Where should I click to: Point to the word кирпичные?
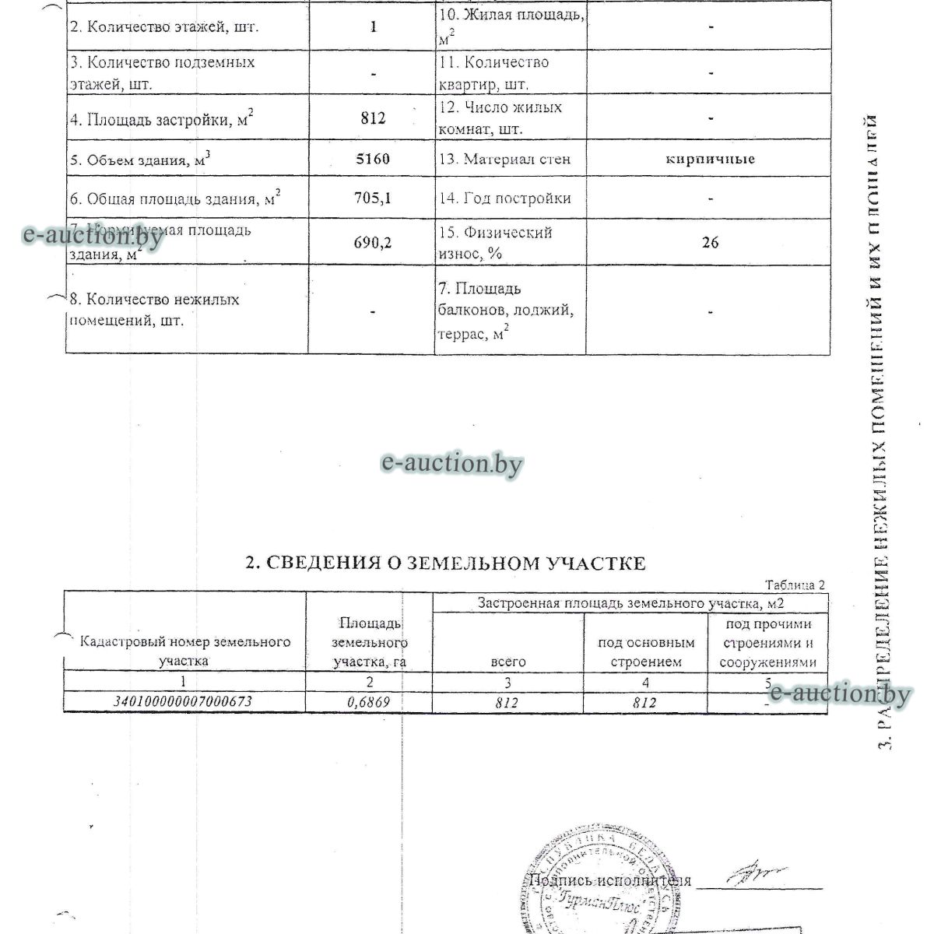point(710,159)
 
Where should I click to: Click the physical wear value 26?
point(710,242)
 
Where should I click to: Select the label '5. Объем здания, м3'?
point(141,160)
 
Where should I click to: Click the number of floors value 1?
point(374,26)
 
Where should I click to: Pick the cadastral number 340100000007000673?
point(184,701)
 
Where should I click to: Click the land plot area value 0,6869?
point(367,701)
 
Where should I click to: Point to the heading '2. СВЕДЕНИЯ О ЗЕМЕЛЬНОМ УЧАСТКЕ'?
point(445,563)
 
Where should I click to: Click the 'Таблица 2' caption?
point(795,585)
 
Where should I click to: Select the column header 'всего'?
point(508,662)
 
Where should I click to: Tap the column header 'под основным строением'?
point(646,652)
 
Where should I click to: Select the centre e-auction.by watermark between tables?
point(451,464)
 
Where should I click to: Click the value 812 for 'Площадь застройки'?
point(374,118)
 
